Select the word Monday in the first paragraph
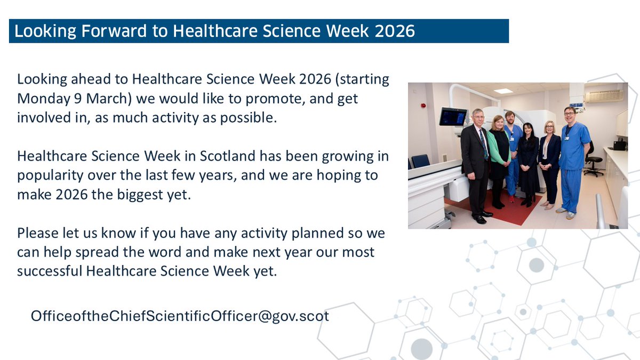[39, 99]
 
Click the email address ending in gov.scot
[180, 316]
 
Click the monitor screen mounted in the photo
[453, 116]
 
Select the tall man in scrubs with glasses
[573, 155]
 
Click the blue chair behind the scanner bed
[421, 161]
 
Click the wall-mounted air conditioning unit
[604, 95]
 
